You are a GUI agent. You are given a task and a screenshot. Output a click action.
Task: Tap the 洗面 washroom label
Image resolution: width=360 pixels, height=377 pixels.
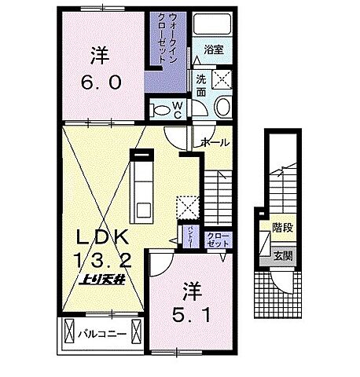click(201, 85)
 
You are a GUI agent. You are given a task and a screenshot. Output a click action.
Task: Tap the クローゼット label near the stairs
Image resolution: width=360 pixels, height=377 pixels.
click(218, 240)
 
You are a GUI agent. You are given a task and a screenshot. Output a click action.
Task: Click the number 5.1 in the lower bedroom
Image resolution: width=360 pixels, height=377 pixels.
click(189, 313)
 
